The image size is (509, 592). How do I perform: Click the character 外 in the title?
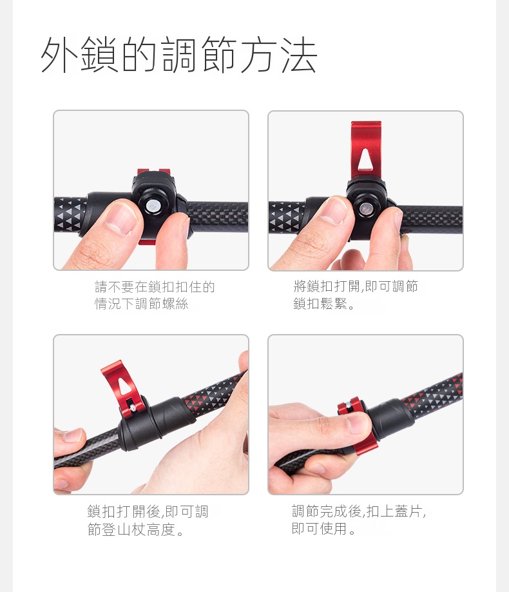(59, 54)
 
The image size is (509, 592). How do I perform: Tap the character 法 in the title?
(298, 55)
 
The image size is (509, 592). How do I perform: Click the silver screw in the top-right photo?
(365, 208)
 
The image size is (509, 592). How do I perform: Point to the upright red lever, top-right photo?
(365, 151)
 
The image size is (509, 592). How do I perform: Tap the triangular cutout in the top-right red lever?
(365, 160)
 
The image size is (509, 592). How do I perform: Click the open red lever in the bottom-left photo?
(123, 389)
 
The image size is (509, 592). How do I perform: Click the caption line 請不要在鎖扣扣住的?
(155, 287)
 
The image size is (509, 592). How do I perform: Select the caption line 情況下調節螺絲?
(142, 304)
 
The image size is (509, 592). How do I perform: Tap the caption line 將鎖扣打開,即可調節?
(356, 286)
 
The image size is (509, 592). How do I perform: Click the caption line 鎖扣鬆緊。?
(324, 303)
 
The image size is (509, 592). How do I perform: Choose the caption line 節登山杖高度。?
(135, 529)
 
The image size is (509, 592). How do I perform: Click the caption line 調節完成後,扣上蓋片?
(359, 511)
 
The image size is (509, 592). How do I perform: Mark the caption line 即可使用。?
(323, 528)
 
